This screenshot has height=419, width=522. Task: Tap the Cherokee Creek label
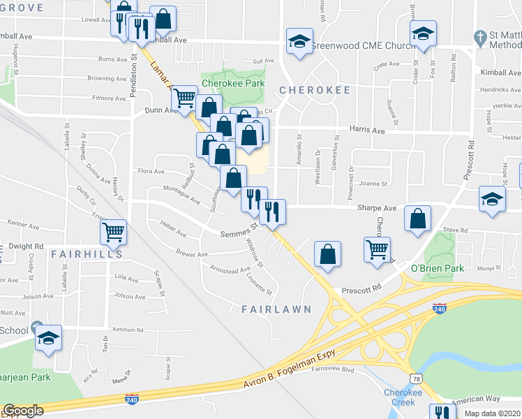tap(403, 397)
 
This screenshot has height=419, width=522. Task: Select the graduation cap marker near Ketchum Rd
tap(48, 338)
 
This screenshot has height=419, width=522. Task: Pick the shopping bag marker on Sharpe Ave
tap(417, 218)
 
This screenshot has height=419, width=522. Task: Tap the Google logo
tap(23, 411)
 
